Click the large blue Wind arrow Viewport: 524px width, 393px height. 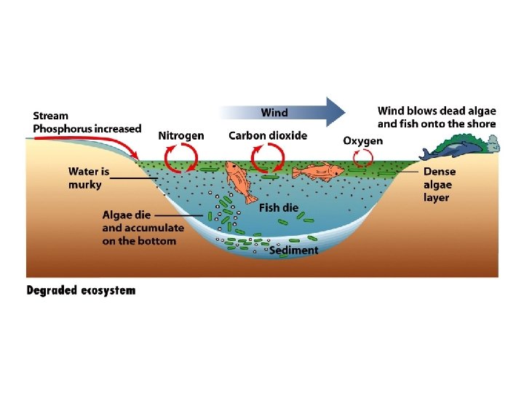[291, 113]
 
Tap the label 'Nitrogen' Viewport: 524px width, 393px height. [181, 135]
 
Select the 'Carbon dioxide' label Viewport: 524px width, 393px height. [268, 135]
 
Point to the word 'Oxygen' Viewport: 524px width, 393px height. [363, 140]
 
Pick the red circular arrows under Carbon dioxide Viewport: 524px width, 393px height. [266, 156]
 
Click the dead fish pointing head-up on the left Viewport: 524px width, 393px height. [239, 181]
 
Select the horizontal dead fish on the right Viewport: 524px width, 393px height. [318, 172]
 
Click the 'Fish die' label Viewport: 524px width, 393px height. [279, 207]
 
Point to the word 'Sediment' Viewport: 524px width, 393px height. [293, 250]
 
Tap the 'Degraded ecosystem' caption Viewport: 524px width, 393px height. [81, 290]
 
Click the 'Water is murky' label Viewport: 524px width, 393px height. [88, 178]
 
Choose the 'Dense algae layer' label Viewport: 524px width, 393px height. [440, 185]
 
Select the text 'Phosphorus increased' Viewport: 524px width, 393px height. [87, 129]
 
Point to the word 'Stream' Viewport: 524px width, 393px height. [51, 116]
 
